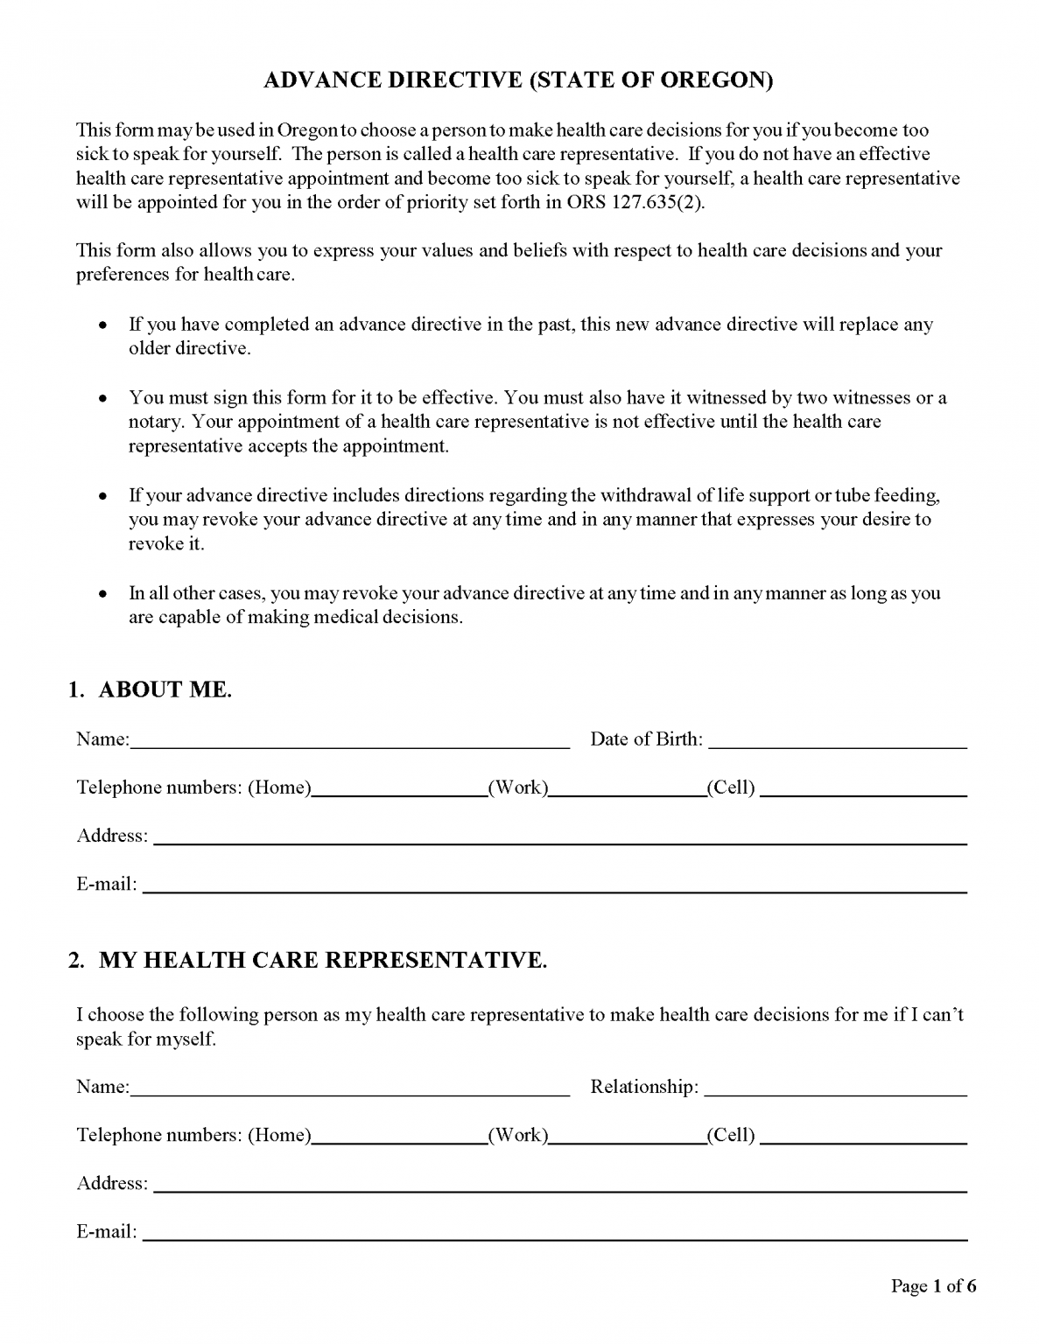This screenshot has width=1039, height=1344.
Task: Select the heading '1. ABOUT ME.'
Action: pos(151,689)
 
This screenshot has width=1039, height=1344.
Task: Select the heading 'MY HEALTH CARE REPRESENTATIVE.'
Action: pos(323,960)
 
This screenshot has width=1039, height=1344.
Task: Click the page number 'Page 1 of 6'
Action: pos(933,1285)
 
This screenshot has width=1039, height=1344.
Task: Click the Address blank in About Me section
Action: pos(559,837)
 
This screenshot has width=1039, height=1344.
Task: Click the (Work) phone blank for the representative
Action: pos(628,1137)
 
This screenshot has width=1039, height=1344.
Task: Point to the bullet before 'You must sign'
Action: pos(103,399)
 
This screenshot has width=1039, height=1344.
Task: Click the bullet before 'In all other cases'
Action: pos(103,594)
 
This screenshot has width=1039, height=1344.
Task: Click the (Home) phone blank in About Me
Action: pos(399,789)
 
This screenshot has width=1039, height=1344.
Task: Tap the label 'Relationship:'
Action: pos(644,1087)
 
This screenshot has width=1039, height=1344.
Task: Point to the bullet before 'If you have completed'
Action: pos(103,325)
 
